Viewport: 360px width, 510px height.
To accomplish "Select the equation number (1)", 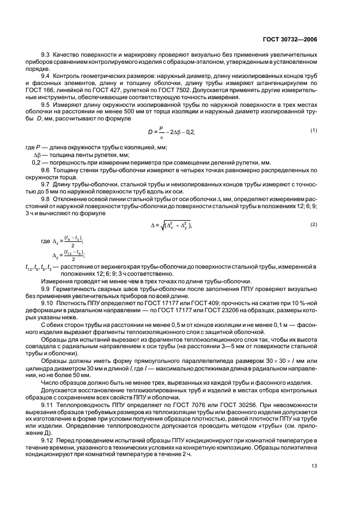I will pyautogui.click(x=314, y=145).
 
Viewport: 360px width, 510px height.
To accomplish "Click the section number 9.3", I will pyautogui.click(x=46, y=55).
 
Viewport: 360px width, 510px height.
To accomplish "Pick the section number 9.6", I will pyautogui.click(x=46, y=170).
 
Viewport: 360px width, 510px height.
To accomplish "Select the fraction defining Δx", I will pyautogui.click(x=71, y=240).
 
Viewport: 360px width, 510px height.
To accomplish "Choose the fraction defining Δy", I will pyautogui.click(x=71, y=254).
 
